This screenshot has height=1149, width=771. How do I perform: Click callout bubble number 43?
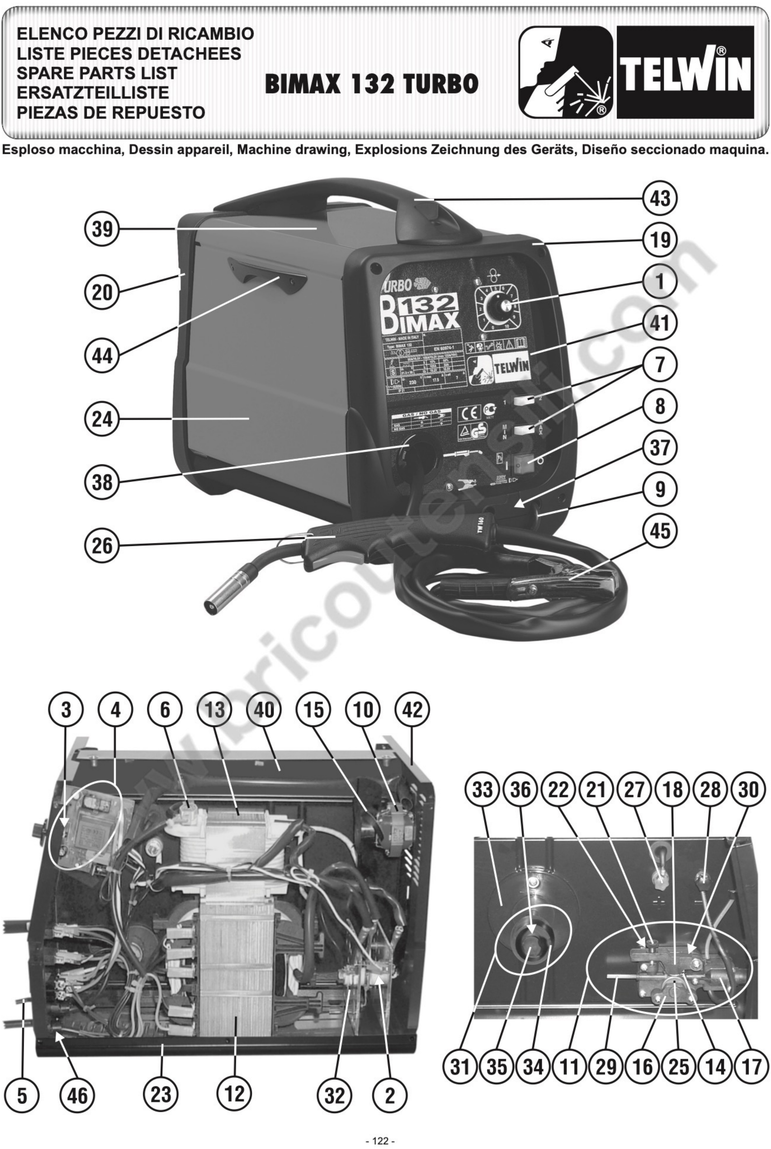(x=660, y=199)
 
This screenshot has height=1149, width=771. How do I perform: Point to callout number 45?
(x=660, y=531)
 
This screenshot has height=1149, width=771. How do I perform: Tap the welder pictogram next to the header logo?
(x=566, y=72)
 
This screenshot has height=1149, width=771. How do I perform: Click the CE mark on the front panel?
(x=466, y=413)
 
